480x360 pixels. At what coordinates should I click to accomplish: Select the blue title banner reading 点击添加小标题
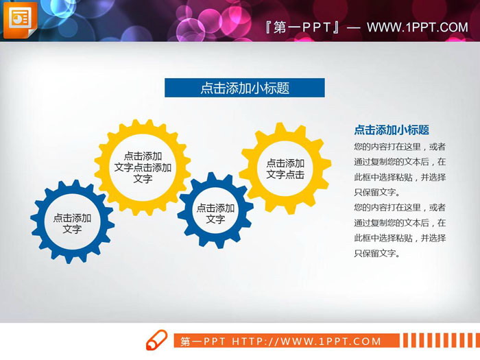(x=244, y=88)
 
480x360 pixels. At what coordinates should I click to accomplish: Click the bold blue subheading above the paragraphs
(x=391, y=130)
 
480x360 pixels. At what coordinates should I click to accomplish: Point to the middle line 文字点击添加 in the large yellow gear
(x=143, y=167)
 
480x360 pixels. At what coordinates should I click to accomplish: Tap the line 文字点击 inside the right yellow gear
(x=285, y=175)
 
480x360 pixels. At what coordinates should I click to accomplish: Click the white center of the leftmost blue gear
(x=72, y=223)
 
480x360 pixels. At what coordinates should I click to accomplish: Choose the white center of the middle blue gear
(x=215, y=213)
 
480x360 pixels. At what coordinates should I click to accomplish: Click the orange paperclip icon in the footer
(x=156, y=340)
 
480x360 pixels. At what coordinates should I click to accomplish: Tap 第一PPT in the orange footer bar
(x=204, y=341)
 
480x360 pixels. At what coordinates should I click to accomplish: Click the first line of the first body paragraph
(x=400, y=147)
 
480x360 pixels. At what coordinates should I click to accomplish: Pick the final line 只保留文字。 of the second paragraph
(x=376, y=253)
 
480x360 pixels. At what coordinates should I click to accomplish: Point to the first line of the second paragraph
(x=400, y=207)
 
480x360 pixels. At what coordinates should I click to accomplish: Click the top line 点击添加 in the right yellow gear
(x=285, y=163)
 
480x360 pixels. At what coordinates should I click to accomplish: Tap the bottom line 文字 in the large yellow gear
(x=143, y=179)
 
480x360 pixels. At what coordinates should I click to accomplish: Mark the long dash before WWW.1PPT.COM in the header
(x=354, y=27)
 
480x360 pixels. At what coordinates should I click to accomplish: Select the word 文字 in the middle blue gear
(x=215, y=219)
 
